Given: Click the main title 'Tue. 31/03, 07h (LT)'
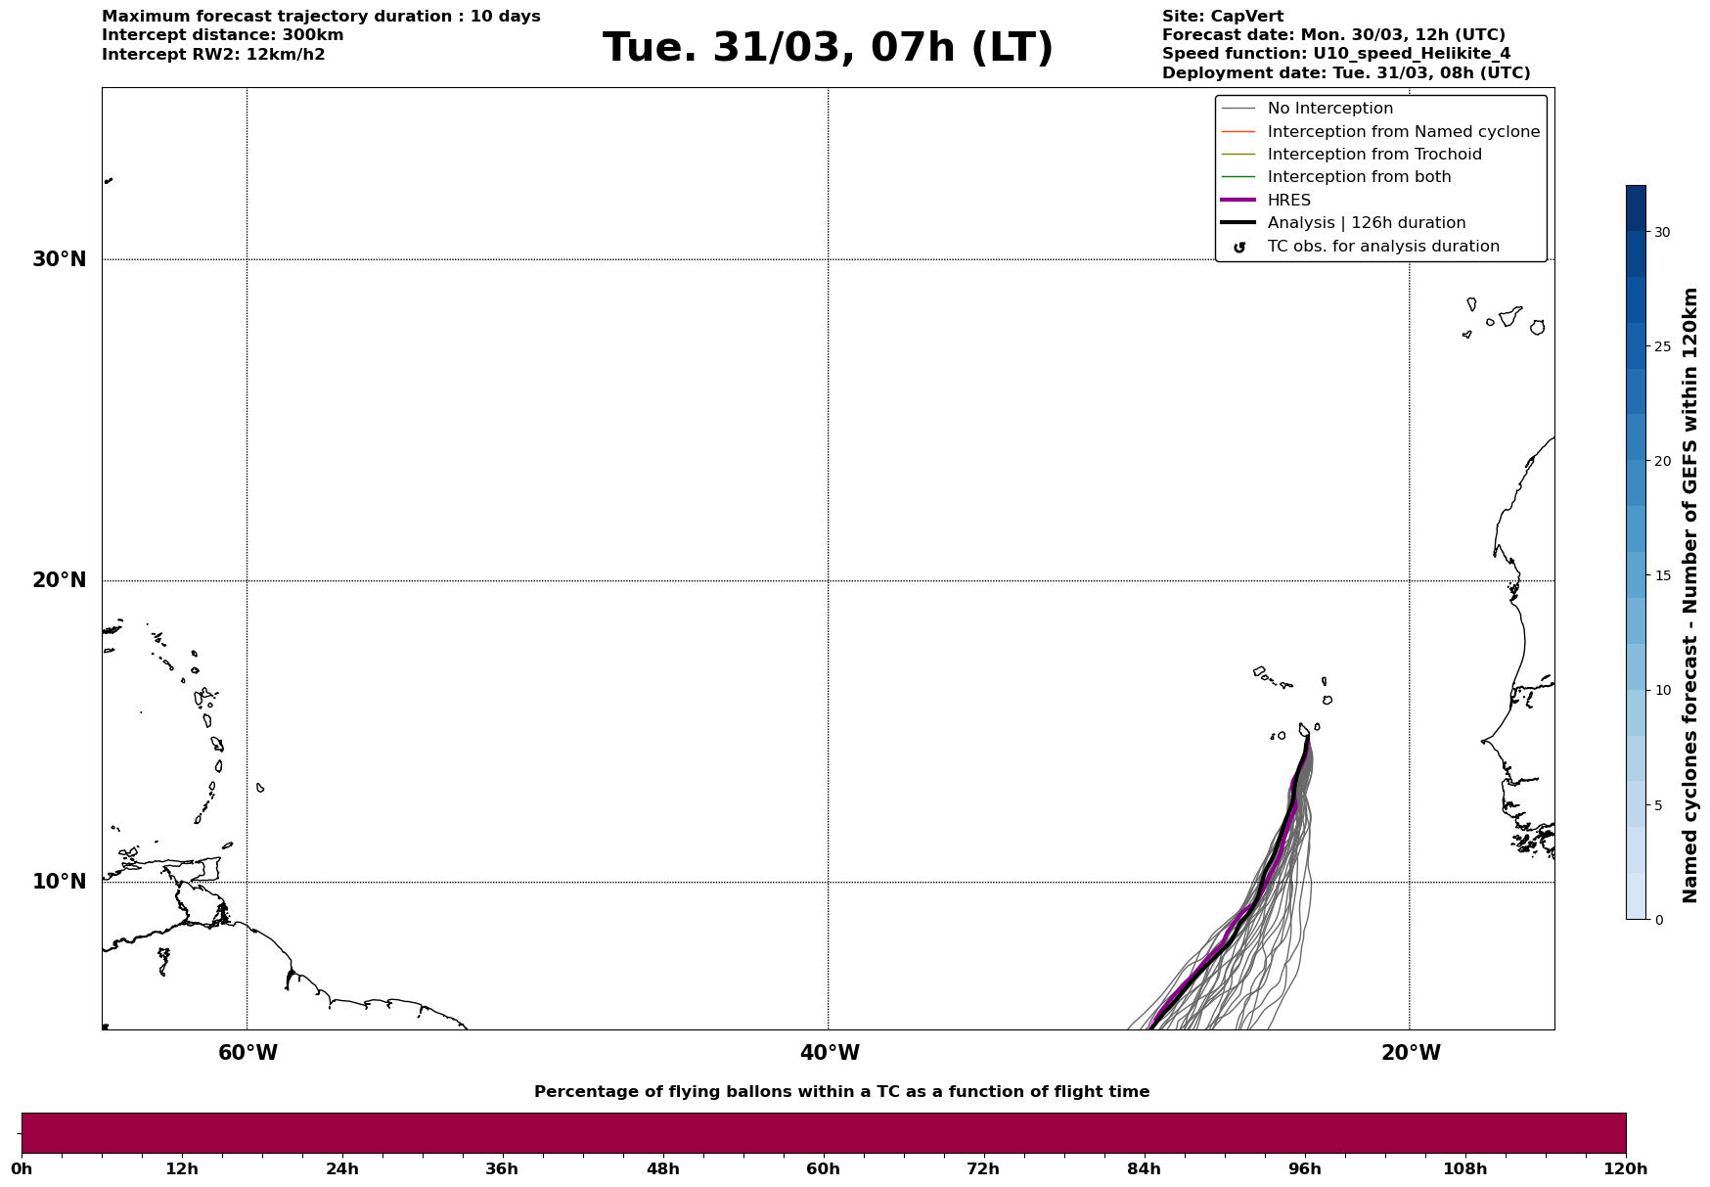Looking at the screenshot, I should click(828, 48).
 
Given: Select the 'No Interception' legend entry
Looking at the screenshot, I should click(1329, 109).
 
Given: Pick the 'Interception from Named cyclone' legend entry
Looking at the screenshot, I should click(1403, 132).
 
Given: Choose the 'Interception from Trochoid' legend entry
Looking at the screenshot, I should click(1373, 155).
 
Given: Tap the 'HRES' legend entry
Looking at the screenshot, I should click(1288, 201).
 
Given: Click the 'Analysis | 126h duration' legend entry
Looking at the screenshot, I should click(1366, 223).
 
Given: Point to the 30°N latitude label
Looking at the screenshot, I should click(60, 259).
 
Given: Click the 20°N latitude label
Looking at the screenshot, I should click(60, 580).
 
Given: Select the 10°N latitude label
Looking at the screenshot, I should click(60, 882).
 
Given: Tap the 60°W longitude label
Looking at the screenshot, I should click(247, 1053).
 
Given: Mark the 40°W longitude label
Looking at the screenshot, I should click(830, 1053).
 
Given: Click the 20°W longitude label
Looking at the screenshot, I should click(1411, 1053).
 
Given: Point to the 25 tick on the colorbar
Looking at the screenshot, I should click(1662, 346).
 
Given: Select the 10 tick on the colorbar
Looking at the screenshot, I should click(1662, 690).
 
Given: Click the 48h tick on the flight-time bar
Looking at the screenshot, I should click(662, 1169).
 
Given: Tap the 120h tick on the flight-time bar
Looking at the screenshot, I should click(1626, 1169).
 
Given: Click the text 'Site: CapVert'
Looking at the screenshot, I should click(1222, 17).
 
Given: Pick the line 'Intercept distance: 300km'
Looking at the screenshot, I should click(222, 35).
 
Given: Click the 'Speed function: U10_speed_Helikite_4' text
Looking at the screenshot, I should click(1335, 54).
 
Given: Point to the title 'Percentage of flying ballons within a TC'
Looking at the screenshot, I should click(841, 1092).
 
